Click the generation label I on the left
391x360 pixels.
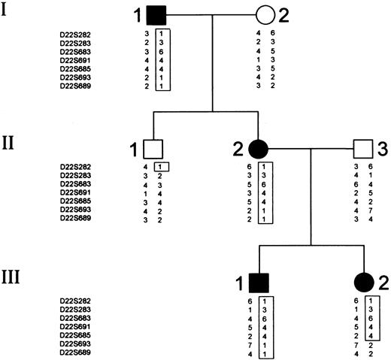(x=11, y=13)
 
